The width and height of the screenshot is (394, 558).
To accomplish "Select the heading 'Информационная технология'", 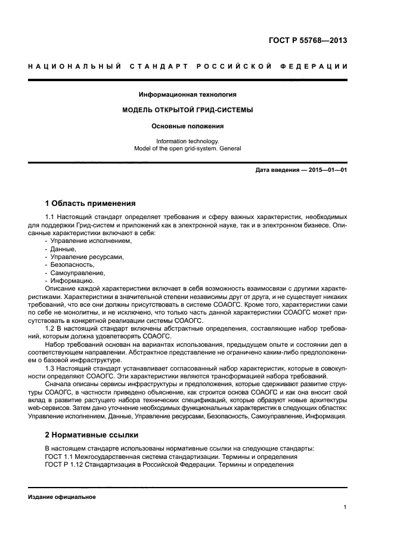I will tap(187, 94).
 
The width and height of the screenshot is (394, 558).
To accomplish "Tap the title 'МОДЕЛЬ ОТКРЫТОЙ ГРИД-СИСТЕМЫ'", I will tap(187, 110).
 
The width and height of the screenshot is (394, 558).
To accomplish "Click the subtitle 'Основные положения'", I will tap(187, 126).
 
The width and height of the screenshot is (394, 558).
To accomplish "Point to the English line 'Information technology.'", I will tap(187, 141).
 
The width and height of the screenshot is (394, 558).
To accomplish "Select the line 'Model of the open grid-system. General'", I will tap(187, 149).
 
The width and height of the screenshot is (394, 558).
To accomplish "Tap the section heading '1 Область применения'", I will tap(90, 203).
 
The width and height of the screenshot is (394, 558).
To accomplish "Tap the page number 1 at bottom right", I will tap(345, 507).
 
